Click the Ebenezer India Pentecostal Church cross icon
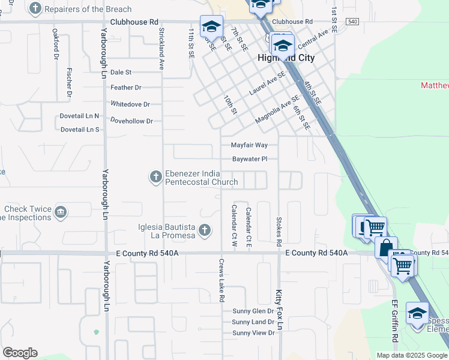(155, 176)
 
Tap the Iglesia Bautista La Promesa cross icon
(205, 229)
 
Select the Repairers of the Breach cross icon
(36, 8)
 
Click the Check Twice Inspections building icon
(60, 212)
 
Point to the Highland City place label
(286, 58)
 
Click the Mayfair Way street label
(249, 145)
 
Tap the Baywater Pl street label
(249, 160)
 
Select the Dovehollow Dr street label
(132, 121)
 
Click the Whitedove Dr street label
(130, 104)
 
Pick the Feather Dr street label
(125, 88)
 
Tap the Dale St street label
(121, 72)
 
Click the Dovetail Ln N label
(79, 116)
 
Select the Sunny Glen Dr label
(253, 311)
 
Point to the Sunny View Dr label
(253, 333)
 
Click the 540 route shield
(352, 22)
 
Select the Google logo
(20, 353)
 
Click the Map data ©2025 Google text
(412, 355)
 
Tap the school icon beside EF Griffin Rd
(417, 314)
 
